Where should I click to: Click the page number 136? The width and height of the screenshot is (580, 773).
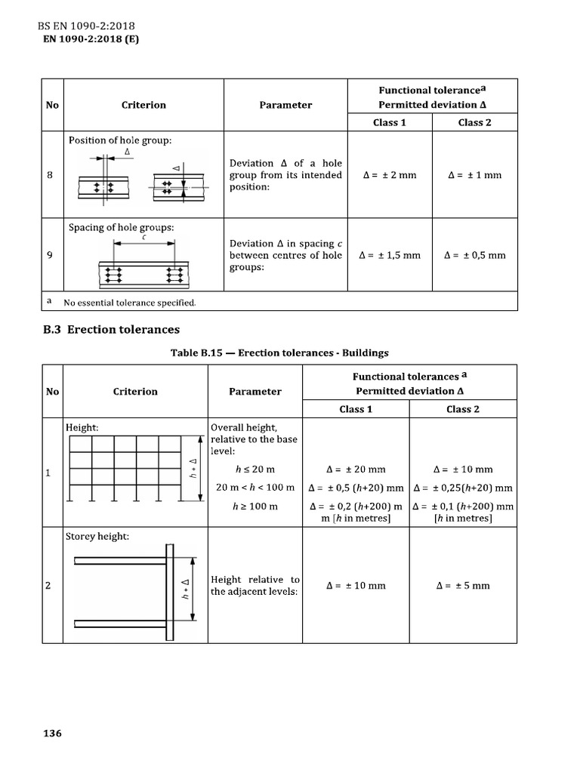52,734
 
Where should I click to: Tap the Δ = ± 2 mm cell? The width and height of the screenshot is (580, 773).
390,175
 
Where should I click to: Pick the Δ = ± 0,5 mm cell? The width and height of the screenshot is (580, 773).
474,255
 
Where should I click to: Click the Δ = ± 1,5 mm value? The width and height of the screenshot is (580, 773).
390,255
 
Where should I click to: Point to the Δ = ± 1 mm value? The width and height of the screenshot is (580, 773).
474,175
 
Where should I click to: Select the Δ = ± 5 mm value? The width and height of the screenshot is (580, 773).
463,585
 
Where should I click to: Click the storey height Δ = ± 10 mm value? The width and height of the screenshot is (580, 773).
356,585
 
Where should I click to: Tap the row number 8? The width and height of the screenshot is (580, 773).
50,175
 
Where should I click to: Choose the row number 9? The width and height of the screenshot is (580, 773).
50,255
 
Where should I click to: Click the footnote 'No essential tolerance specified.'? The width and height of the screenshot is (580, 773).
129,303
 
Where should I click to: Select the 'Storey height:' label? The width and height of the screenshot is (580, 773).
97,537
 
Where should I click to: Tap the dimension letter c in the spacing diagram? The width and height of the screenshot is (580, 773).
143,238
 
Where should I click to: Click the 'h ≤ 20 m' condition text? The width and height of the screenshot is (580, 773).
254,470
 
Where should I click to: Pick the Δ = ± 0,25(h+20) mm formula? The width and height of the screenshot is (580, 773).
463,488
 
